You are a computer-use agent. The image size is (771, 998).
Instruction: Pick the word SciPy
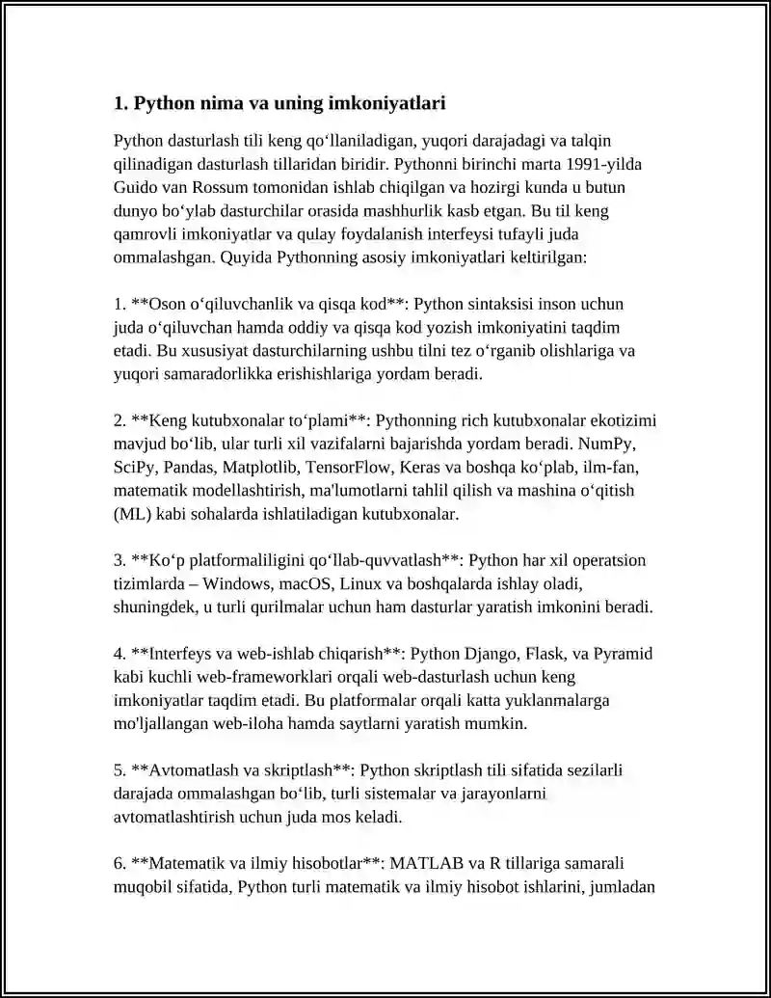point(135,468)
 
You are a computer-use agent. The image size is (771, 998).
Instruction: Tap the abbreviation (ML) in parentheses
point(132,514)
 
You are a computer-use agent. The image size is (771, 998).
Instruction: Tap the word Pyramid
point(622,655)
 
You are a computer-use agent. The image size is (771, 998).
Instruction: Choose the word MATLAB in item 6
point(427,864)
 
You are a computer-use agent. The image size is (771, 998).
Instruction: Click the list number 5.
point(120,771)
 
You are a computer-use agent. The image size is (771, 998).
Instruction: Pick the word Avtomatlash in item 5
point(189,771)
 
